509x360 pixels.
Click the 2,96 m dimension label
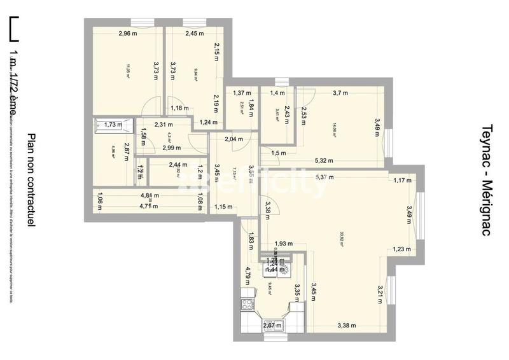click(x=128, y=34)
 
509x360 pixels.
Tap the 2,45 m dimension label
click(x=194, y=34)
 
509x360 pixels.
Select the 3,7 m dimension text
click(x=340, y=93)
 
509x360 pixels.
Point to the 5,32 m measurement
click(x=324, y=160)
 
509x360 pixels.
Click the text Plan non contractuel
click(x=32, y=180)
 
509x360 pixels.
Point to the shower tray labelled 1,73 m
click(x=113, y=125)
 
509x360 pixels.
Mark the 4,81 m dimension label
click(x=150, y=196)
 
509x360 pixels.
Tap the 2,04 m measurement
click(x=234, y=139)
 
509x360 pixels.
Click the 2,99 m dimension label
click(x=171, y=148)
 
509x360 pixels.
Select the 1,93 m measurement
click(x=284, y=244)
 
